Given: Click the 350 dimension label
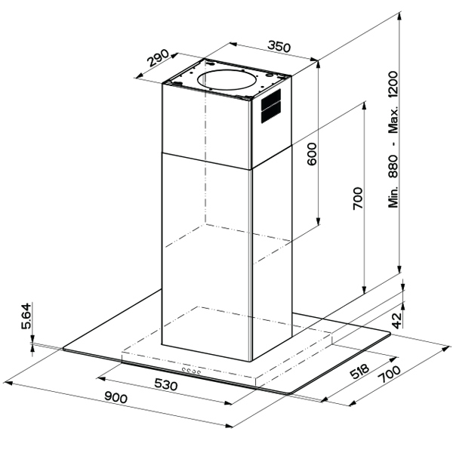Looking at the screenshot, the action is tap(279, 47).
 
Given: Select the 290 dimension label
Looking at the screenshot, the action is tap(158, 58).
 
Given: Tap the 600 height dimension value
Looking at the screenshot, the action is tap(312, 154).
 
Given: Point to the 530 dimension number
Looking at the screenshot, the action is tap(166, 385).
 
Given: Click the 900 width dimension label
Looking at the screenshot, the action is tap(116, 398).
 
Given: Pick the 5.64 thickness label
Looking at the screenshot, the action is tap(26, 316).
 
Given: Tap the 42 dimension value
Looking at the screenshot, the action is tap(397, 320).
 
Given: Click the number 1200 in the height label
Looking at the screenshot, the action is tap(393, 85).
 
